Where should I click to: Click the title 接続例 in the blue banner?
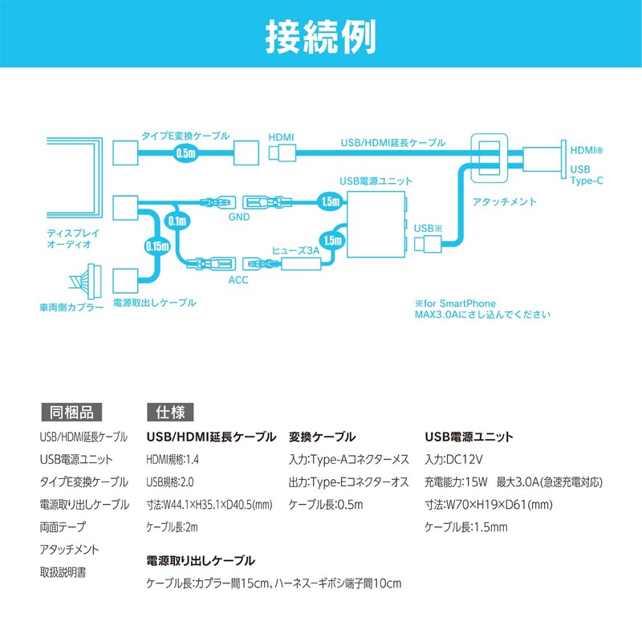point(320,37)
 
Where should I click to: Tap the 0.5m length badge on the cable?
point(186,153)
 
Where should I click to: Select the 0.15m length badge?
point(157,246)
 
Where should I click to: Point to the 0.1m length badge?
point(177,221)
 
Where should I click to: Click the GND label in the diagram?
point(239,217)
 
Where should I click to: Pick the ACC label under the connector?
point(238,280)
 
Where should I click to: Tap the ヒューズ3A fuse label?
point(295,250)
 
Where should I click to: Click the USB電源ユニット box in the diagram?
point(376,225)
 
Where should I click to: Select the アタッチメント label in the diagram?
point(504,201)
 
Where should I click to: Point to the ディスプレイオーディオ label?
point(73,238)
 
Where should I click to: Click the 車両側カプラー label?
point(71,307)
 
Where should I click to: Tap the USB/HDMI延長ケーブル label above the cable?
point(393,143)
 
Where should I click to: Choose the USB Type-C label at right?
point(587,175)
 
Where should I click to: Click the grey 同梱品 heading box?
point(71,412)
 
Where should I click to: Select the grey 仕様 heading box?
point(170,412)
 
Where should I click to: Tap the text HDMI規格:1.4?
point(173,459)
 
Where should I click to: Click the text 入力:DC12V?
point(453,459)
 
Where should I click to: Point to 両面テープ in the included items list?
point(63,526)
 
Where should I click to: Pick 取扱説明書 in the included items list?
point(63,572)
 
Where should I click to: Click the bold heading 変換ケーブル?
point(322,437)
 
